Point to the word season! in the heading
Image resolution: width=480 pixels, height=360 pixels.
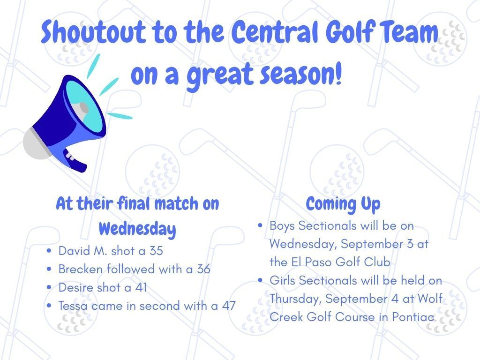point(300,75)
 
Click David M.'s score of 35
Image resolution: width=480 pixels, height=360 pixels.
point(156,251)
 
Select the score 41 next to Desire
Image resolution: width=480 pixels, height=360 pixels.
point(142,288)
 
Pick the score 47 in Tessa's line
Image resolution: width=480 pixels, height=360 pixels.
point(229,306)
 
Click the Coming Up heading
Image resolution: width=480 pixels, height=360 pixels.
point(343,204)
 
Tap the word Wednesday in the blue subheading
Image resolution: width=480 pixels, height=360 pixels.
point(137,229)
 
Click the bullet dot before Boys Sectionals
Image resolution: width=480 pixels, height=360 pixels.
point(260,226)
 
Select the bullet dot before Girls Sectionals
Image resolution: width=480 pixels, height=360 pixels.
point(260,280)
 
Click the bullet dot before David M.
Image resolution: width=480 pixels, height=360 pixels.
point(49,251)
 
